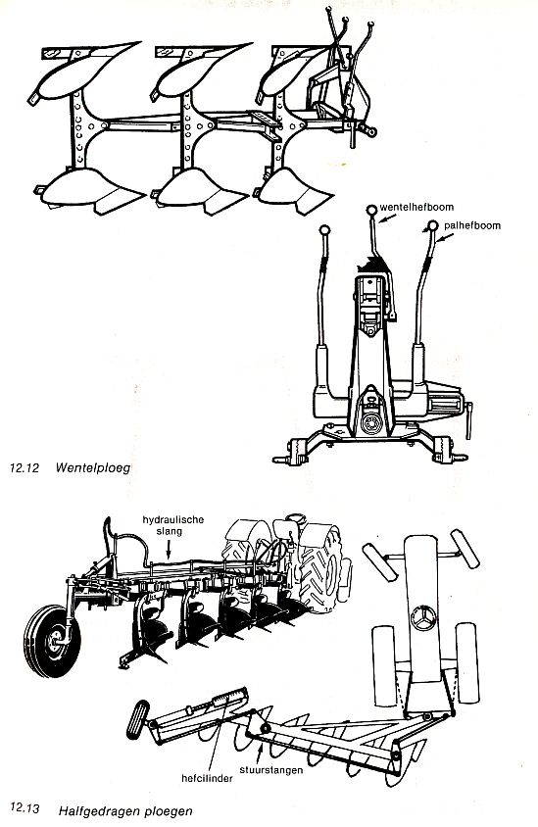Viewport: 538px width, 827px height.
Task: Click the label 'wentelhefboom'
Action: [x=416, y=208]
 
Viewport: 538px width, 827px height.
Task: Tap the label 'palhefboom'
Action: [x=472, y=225]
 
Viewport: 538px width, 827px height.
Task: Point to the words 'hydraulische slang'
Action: [x=173, y=525]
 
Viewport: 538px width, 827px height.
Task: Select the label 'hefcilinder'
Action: [x=207, y=778]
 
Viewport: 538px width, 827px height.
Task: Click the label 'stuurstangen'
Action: [x=271, y=770]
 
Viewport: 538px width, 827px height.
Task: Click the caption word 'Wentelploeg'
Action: [x=93, y=467]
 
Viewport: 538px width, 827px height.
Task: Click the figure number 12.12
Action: [x=24, y=467]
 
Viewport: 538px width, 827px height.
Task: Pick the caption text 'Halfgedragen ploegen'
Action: [x=125, y=810]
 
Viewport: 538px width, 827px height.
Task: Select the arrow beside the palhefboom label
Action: [x=445, y=238]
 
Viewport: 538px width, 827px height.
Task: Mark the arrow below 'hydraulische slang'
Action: [x=169, y=551]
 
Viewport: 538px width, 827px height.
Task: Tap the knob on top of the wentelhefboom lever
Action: [x=371, y=210]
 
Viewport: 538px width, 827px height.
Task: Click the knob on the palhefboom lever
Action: [x=433, y=225]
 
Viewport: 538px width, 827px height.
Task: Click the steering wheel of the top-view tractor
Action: [x=423, y=618]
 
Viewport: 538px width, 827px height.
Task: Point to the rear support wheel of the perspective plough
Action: [x=51, y=640]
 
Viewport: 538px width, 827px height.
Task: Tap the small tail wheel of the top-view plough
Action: [x=138, y=719]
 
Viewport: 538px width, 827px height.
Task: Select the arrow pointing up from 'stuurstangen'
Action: [x=260, y=754]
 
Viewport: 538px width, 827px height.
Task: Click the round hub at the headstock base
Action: [x=371, y=422]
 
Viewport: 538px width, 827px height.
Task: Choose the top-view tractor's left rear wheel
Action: [x=383, y=665]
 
